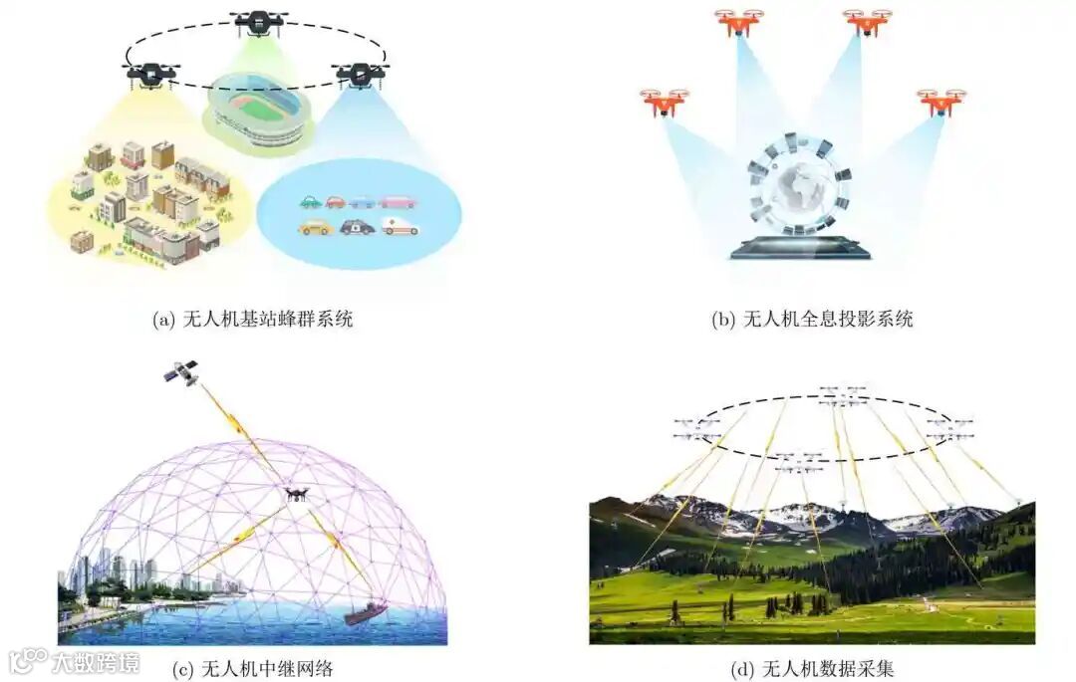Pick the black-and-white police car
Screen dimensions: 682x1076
(357, 227)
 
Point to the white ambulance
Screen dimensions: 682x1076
(401, 227)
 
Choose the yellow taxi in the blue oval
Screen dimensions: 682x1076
(315, 227)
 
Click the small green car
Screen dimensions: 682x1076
(311, 202)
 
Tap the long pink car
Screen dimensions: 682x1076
(398, 201)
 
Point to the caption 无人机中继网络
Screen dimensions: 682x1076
(252, 668)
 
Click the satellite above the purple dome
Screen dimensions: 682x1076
(181, 372)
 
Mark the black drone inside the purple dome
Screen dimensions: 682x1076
(296, 494)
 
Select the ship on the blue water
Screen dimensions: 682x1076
(366, 611)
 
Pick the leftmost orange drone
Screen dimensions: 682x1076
(663, 102)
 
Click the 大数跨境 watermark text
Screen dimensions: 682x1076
(96, 662)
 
